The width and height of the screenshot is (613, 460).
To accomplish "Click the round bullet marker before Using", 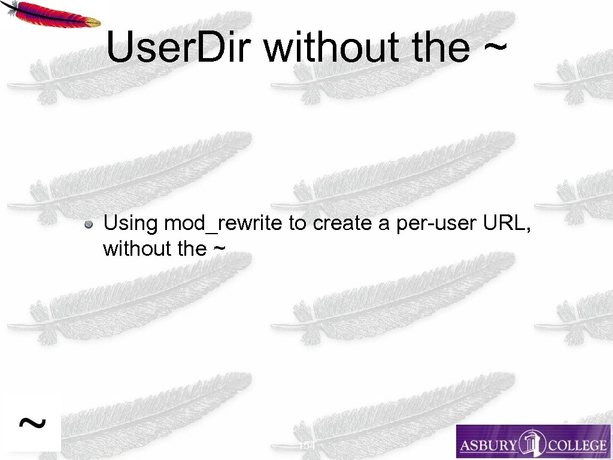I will tap(88, 225).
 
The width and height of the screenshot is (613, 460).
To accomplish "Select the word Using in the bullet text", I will tap(131, 224).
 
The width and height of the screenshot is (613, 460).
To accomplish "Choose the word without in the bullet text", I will tap(137, 248).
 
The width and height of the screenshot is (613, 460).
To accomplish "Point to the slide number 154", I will tap(307, 446).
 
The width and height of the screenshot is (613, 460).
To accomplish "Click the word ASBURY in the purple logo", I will tap(488, 445).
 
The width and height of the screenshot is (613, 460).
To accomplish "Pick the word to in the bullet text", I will tap(297, 224).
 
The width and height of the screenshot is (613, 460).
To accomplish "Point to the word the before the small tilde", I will tap(192, 248).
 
